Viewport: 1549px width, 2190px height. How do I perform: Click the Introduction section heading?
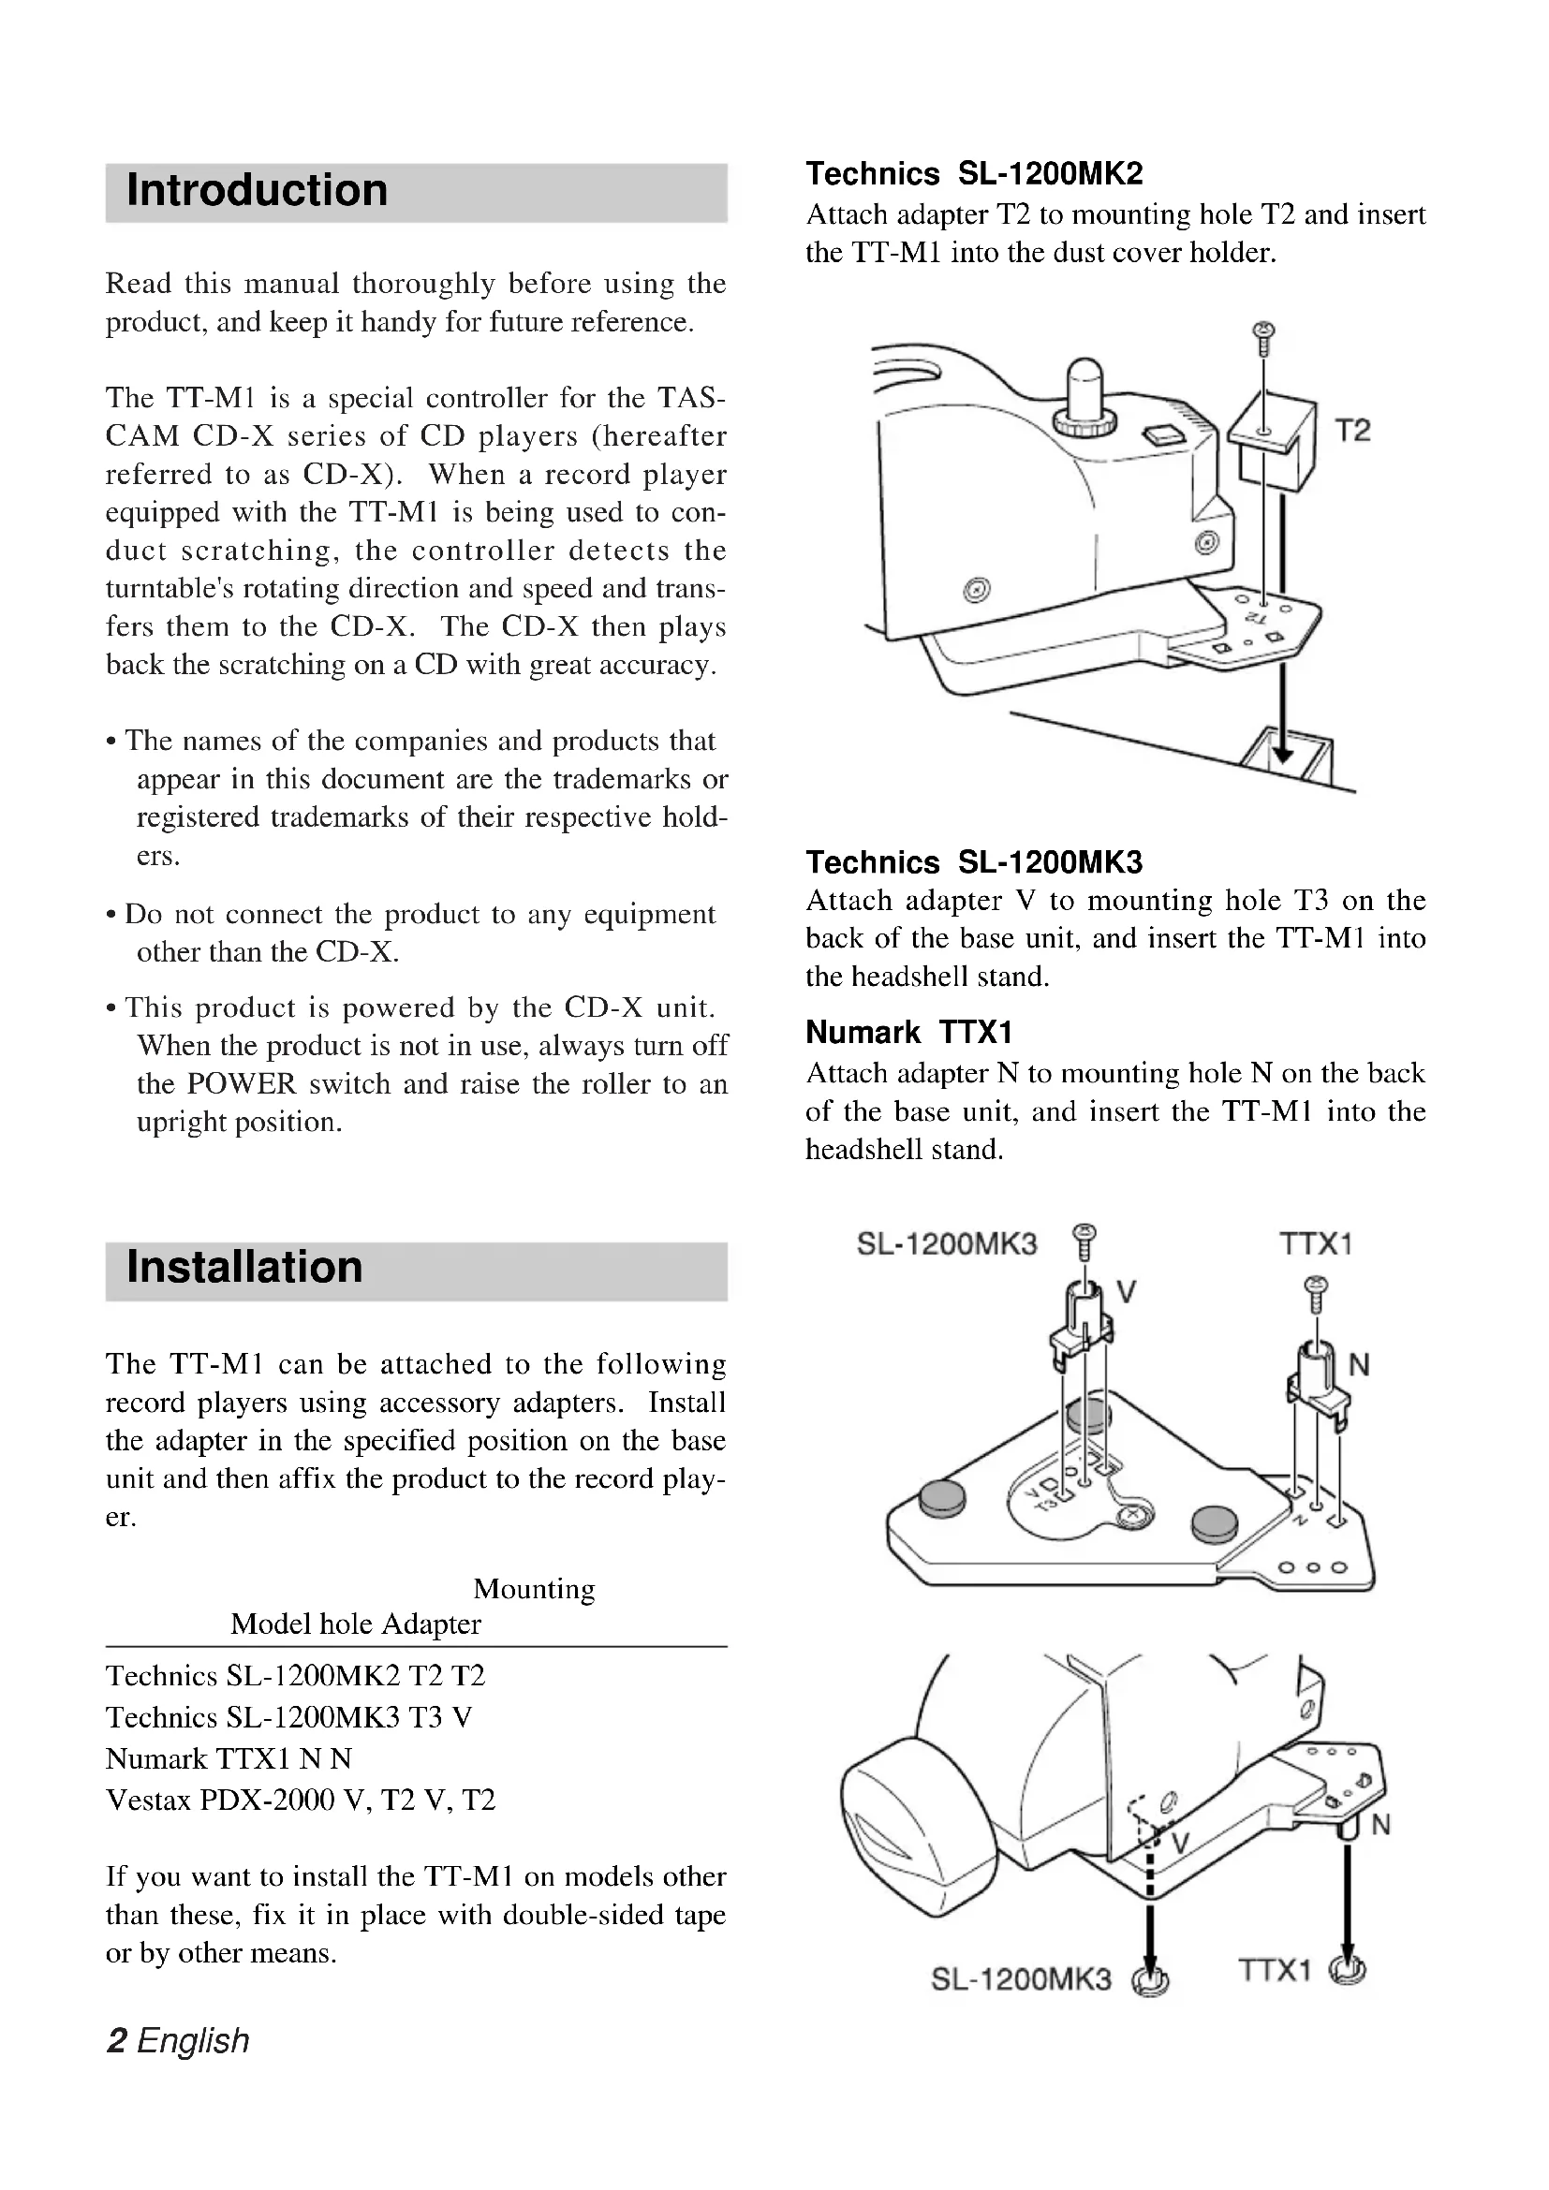(x=257, y=191)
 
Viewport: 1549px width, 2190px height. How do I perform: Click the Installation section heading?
(x=244, y=1268)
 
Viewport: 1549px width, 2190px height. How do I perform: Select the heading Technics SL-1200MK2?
(x=974, y=173)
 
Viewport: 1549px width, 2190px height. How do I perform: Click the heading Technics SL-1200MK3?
(x=974, y=862)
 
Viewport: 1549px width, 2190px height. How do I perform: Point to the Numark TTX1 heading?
(x=908, y=1032)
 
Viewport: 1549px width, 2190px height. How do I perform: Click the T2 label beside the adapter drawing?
(x=1351, y=431)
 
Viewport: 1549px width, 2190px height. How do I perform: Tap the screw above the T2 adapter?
(x=1263, y=337)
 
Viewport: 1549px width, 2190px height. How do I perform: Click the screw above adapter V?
(x=1084, y=1238)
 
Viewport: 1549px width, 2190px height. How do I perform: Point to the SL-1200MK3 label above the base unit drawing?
(x=946, y=1243)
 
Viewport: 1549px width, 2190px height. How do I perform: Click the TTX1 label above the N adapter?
(x=1315, y=1243)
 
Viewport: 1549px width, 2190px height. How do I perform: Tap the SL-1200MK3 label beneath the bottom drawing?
(x=1021, y=1980)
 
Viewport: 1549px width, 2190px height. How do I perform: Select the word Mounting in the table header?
(x=534, y=1589)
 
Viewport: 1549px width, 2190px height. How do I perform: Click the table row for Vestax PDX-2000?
(x=301, y=1800)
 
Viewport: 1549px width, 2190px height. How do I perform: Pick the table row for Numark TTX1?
(x=229, y=1758)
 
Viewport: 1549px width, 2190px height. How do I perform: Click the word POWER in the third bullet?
(x=242, y=1084)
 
